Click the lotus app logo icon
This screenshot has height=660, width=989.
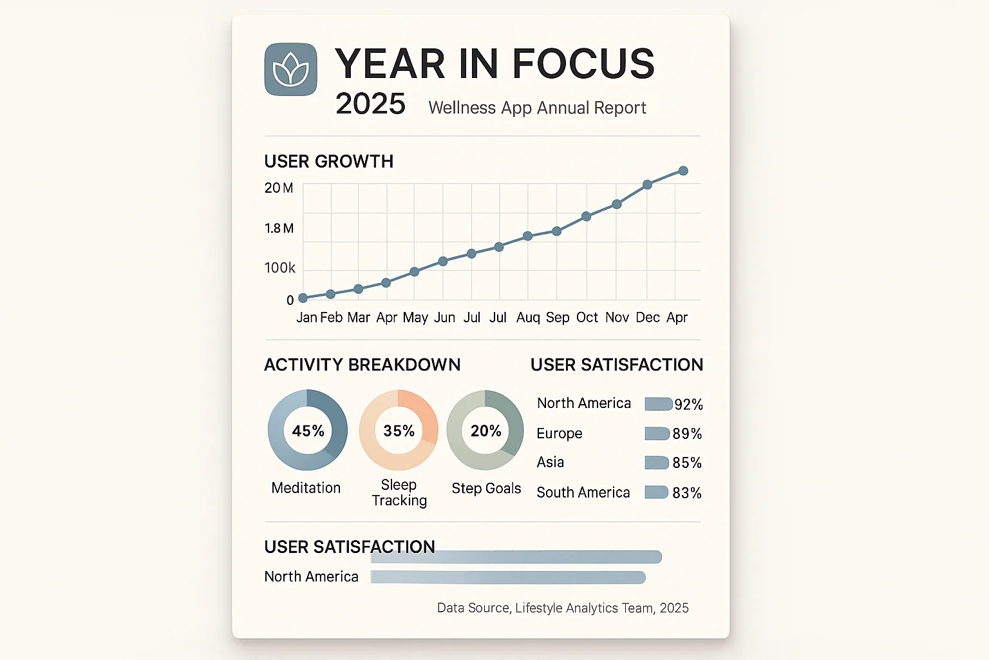click(x=290, y=70)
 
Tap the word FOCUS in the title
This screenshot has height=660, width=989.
click(x=583, y=64)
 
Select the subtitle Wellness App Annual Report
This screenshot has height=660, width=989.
click(x=537, y=108)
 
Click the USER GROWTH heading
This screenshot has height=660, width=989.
click(x=328, y=161)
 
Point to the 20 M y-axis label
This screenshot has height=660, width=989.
click(x=278, y=188)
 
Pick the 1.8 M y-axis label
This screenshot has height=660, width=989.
click(x=279, y=228)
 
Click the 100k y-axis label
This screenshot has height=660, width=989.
click(x=279, y=267)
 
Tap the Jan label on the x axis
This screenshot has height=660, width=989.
click(x=306, y=317)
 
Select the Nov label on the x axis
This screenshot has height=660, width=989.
click(x=617, y=317)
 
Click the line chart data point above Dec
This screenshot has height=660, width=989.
click(x=648, y=185)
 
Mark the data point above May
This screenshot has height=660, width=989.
click(x=415, y=272)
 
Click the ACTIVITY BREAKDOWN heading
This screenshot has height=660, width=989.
click(x=362, y=365)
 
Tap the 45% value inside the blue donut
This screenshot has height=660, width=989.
click(x=308, y=431)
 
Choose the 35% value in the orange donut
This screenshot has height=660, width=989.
click(x=399, y=431)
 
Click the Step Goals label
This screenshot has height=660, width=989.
click(x=486, y=489)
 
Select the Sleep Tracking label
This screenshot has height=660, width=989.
click(x=399, y=492)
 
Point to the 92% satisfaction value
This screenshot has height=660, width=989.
click(x=688, y=404)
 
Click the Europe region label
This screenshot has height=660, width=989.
click(x=559, y=433)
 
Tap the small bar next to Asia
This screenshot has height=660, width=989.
click(x=657, y=463)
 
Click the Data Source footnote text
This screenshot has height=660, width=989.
click(x=563, y=608)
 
